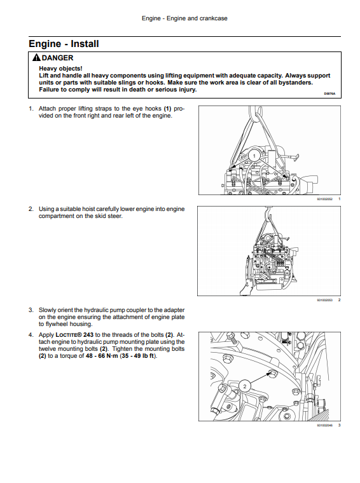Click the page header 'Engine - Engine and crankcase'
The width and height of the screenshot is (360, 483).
(x=184, y=18)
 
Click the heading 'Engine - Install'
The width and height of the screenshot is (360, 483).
(x=64, y=44)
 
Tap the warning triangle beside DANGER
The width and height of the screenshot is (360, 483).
(x=36, y=58)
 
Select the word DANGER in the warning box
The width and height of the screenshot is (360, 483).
(x=58, y=58)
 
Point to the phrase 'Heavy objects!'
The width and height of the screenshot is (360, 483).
(x=60, y=69)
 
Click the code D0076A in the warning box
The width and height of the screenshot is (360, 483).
(x=329, y=93)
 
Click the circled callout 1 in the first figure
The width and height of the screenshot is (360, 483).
(x=254, y=156)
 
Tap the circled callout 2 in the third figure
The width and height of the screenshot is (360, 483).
(x=245, y=386)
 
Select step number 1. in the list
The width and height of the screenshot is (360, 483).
(x=31, y=109)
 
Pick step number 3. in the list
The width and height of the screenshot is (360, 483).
(x=31, y=310)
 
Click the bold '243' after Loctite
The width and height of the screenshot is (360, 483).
(x=88, y=335)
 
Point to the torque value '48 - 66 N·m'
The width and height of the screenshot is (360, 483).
(x=102, y=356)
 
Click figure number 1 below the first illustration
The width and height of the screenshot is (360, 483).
(x=340, y=199)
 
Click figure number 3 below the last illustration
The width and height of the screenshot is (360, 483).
(x=340, y=425)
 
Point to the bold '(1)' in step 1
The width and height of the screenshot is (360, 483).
(x=167, y=109)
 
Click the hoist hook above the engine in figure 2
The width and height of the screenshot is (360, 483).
(x=267, y=212)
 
